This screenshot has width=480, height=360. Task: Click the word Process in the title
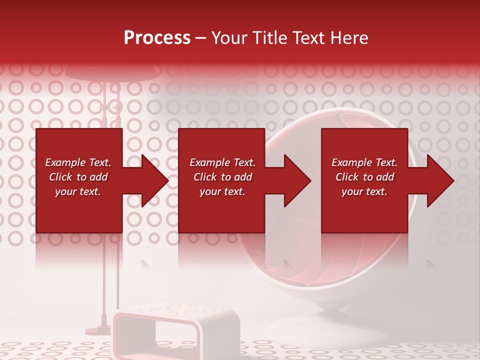pos(157,38)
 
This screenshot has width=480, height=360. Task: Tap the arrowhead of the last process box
pos(438,180)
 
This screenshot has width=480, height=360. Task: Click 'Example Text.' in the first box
pos(78,162)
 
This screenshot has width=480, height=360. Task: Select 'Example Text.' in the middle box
pos(222,162)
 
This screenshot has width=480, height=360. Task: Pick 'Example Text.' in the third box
pos(364,162)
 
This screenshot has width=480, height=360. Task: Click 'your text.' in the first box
pos(78,191)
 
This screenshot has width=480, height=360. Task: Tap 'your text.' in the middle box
pos(222,191)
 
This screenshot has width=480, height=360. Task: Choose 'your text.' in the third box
pos(364,191)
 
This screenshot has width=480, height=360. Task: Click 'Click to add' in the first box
pos(78,177)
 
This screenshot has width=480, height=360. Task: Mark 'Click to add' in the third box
pos(364,177)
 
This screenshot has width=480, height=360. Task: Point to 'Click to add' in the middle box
pos(222,177)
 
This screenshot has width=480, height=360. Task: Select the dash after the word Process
pos(200,38)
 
